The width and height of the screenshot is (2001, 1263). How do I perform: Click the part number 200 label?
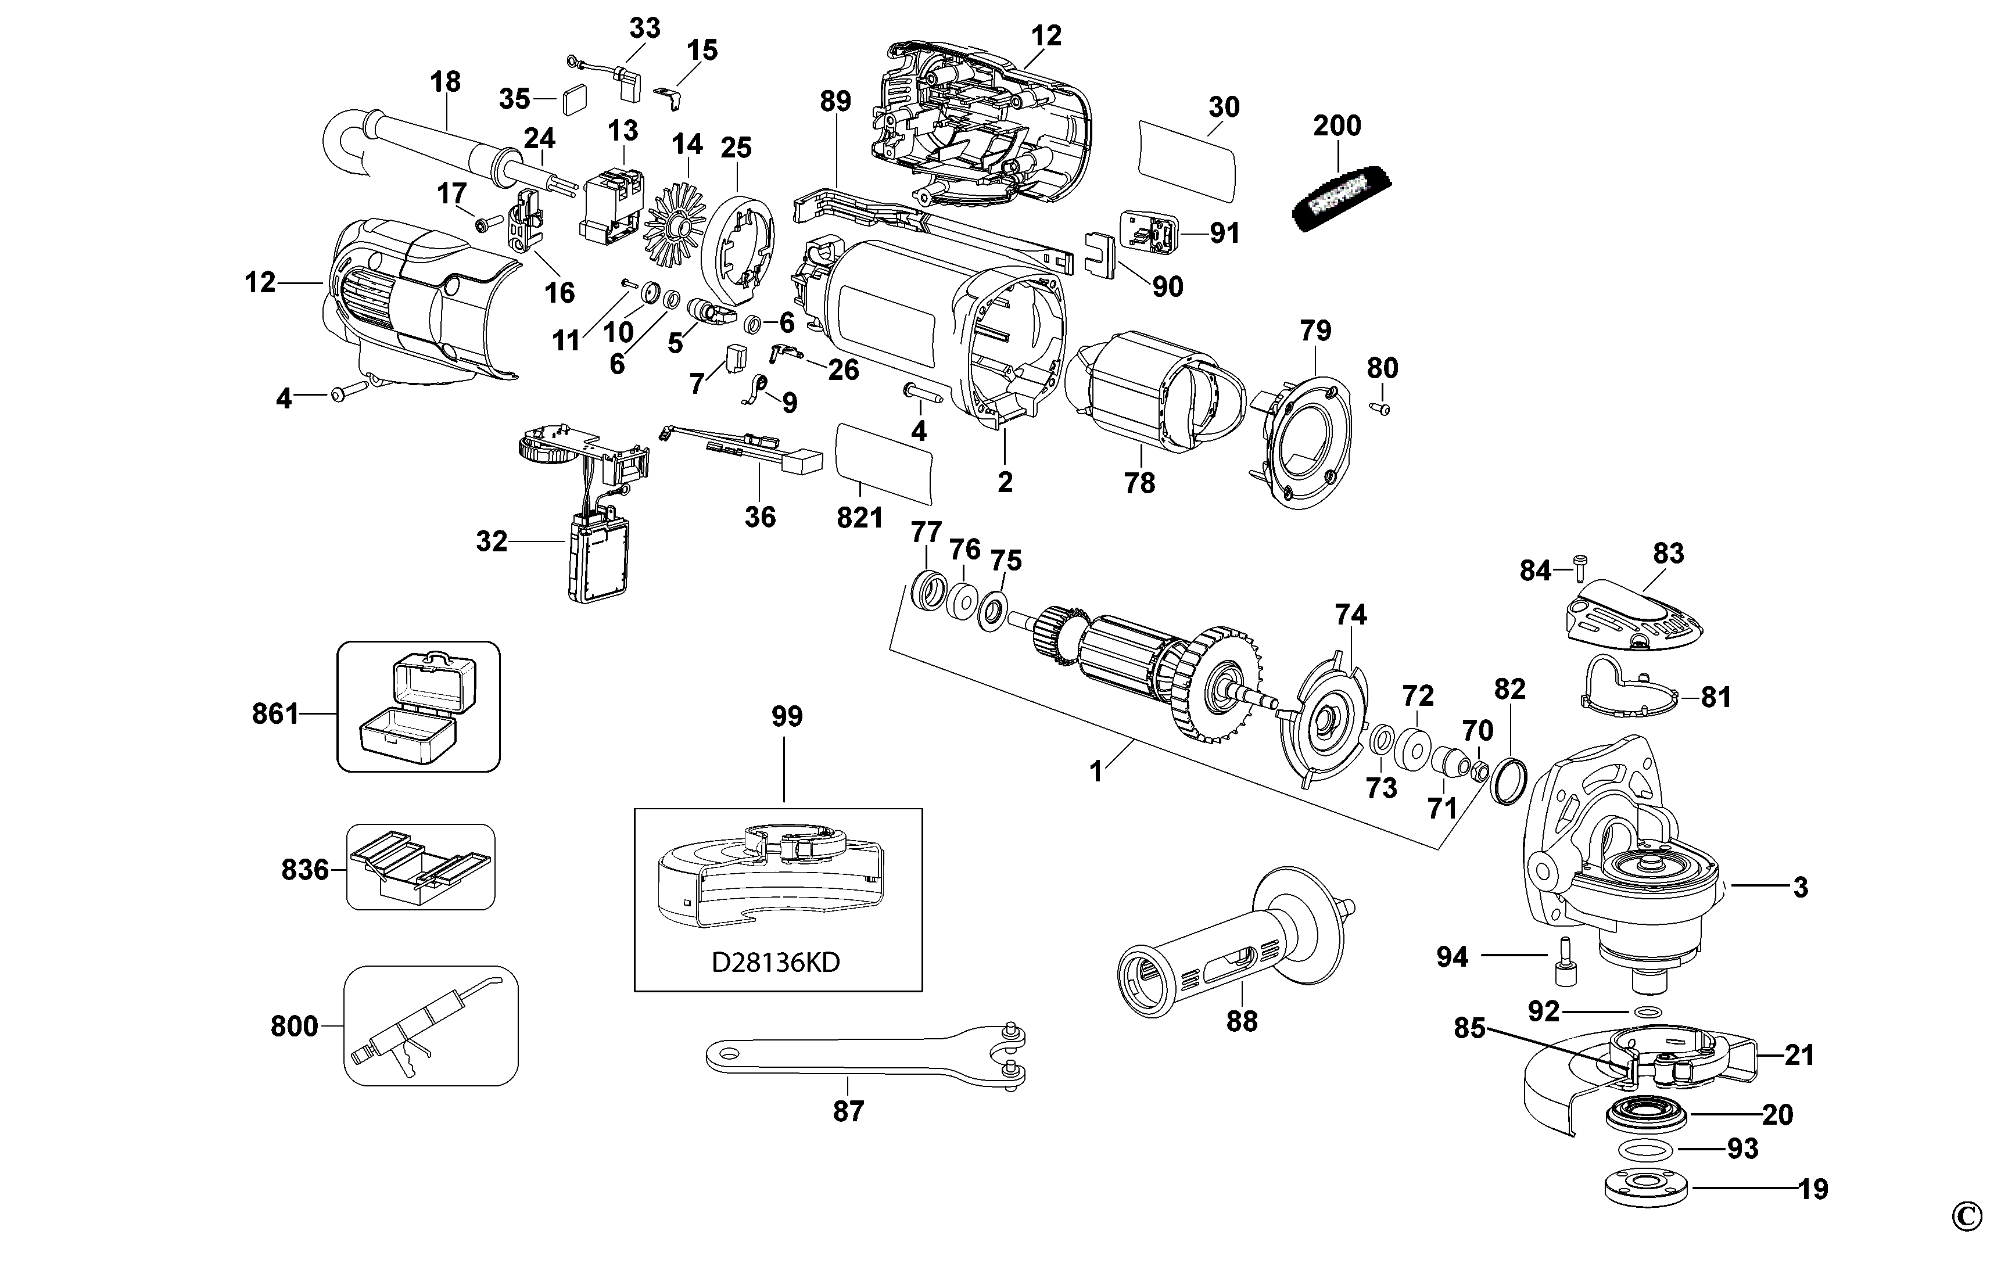(x=1337, y=125)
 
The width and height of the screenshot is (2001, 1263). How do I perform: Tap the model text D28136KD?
(x=776, y=962)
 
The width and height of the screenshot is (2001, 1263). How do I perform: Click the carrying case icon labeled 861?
(x=418, y=706)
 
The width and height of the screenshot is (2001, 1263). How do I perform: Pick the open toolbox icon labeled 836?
(x=421, y=867)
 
